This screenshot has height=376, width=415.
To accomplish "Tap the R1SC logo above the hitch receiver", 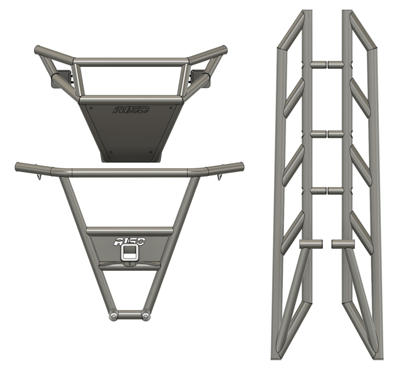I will pyautogui.click(x=130, y=242).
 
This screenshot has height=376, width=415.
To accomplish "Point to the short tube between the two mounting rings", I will pyautogui.click(x=130, y=315).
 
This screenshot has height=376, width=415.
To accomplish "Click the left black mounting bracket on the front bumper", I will pyautogui.click(x=60, y=79).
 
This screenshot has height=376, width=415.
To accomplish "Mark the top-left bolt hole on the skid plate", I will pyautogui.click(x=91, y=108).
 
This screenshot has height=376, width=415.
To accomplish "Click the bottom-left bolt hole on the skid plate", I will pyautogui.click(x=111, y=152).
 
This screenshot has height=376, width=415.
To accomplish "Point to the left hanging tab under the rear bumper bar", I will pyautogui.click(x=39, y=177).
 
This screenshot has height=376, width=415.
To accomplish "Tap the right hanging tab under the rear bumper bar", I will pyautogui.click(x=220, y=177).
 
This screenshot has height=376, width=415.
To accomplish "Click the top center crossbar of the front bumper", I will pyautogui.click(x=131, y=61).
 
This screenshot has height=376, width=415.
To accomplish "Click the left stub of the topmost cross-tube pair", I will pyautogui.click(x=318, y=65).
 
